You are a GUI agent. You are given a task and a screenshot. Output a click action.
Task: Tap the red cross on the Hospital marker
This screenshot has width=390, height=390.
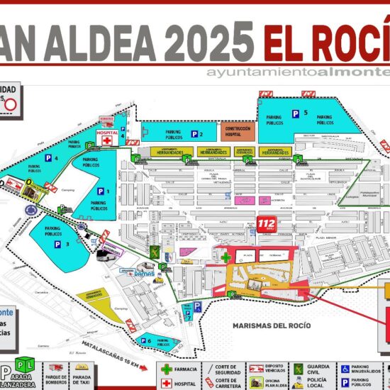tap(107, 140)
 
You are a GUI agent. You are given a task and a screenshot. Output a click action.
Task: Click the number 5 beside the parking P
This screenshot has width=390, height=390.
tap(306, 113)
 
